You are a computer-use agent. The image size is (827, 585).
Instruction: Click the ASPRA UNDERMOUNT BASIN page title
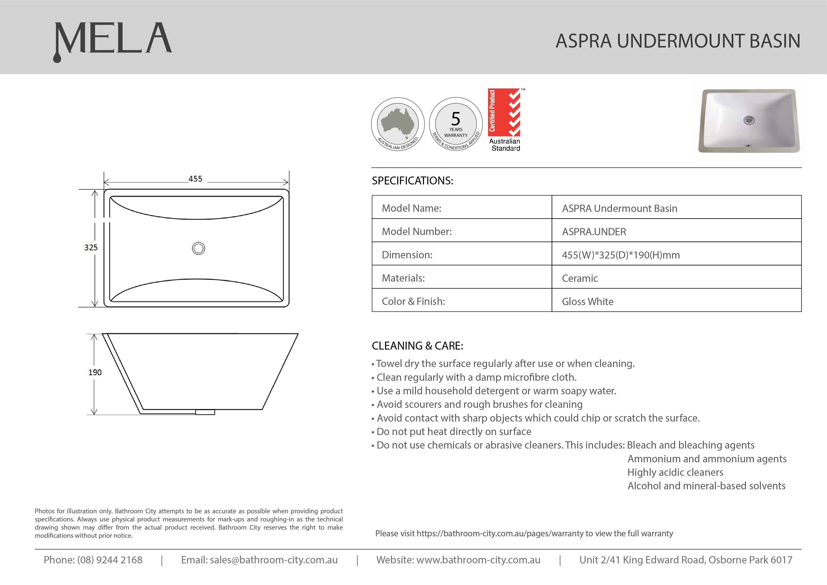pyautogui.click(x=677, y=41)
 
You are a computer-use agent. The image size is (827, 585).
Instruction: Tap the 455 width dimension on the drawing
pyautogui.click(x=195, y=179)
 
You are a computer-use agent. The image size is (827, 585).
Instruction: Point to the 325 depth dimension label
pyautogui.click(x=91, y=248)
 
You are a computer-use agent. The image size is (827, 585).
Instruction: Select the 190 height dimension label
pyautogui.click(x=95, y=372)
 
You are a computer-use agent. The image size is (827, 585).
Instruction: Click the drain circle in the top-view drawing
pyautogui.click(x=198, y=248)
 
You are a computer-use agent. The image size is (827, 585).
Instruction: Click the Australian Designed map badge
pyautogui.click(x=398, y=124)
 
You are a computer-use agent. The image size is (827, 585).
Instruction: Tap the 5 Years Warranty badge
pyautogui.click(x=456, y=124)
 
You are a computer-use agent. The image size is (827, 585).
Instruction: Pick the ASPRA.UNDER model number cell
pyautogui.click(x=594, y=232)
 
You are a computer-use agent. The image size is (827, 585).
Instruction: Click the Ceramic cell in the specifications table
pyautogui.click(x=580, y=278)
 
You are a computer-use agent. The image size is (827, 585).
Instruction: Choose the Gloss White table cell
pyautogui.click(x=587, y=302)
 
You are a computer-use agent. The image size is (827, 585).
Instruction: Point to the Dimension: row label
pyautogui.click(x=407, y=255)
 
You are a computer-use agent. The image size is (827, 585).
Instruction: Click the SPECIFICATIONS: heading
pyautogui.click(x=412, y=180)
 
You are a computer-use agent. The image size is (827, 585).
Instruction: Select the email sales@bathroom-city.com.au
pyautogui.click(x=274, y=560)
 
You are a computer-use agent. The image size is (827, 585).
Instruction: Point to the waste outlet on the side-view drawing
pyautogui.click(x=205, y=412)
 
